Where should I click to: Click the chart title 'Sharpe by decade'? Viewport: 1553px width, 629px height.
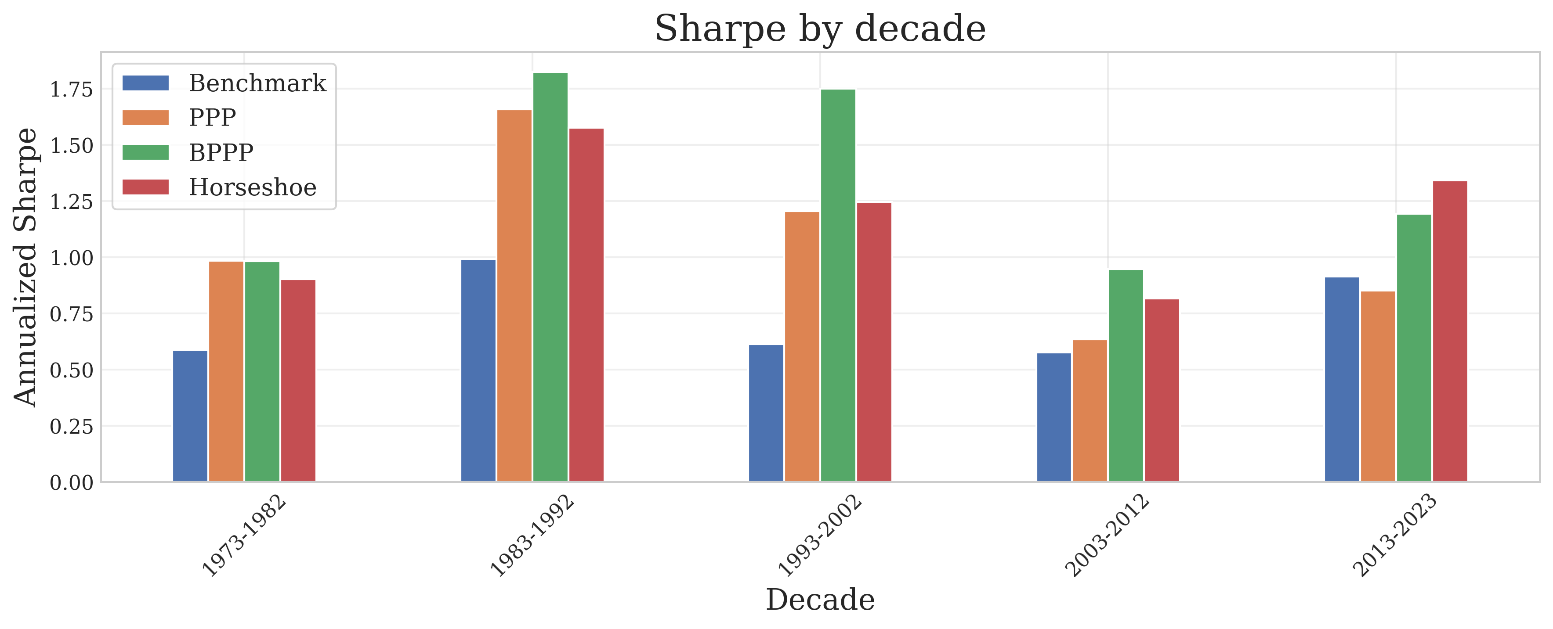pos(820,29)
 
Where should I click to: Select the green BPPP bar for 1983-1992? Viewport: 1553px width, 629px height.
pos(550,277)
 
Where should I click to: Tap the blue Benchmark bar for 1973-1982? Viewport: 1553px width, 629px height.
pos(190,416)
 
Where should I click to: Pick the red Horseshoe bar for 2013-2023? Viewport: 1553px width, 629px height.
pos(1450,331)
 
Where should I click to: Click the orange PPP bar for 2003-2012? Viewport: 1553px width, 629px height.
pos(1090,411)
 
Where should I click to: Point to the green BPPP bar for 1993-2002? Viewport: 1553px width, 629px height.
pos(838,286)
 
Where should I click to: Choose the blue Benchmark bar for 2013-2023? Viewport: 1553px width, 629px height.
pos(1342,380)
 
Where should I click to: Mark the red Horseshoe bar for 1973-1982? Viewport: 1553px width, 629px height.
pos(298,381)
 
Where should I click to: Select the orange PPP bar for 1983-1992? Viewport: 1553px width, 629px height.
pos(514,296)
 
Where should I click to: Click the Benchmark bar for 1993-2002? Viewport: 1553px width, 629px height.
pos(766,413)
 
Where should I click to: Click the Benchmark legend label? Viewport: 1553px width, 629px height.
pos(257,83)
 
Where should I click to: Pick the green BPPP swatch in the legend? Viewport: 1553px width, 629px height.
pos(145,152)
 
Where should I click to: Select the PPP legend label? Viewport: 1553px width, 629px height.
pos(212,118)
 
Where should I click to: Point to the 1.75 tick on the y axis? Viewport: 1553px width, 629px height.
pos(72,90)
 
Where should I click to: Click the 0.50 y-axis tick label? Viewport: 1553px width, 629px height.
pos(72,370)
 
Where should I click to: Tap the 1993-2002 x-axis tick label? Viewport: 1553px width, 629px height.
pos(820,535)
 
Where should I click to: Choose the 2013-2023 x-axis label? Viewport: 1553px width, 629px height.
pos(1395,535)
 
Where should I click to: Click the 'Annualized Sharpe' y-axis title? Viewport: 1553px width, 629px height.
pos(26,267)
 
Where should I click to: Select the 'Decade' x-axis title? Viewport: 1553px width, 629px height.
pos(820,600)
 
